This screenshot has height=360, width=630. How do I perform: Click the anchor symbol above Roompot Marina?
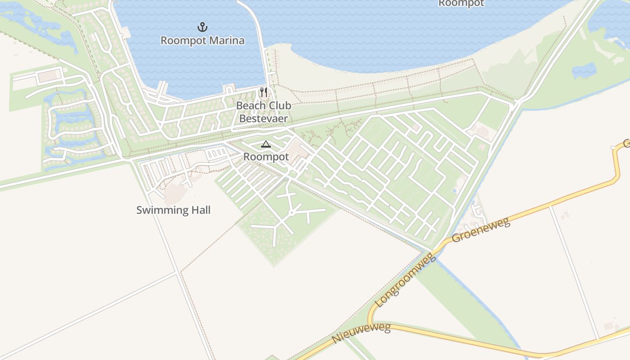202,27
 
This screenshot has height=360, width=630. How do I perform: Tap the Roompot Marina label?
202,40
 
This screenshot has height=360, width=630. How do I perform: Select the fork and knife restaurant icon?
264,93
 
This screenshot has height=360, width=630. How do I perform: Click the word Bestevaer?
263,119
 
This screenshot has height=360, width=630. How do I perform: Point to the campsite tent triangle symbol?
266,144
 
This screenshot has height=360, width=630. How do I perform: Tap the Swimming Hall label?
173,210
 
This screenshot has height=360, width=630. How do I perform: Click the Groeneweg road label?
481,230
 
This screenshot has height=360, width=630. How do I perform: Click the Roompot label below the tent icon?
266,157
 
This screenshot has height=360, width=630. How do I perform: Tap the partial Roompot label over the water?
461,4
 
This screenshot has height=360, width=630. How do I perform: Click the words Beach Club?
264,106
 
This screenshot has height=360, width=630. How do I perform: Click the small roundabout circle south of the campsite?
292,212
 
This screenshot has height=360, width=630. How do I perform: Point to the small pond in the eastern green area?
584,70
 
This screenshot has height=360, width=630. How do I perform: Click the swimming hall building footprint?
175,193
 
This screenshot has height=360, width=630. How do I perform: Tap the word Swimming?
162,210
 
